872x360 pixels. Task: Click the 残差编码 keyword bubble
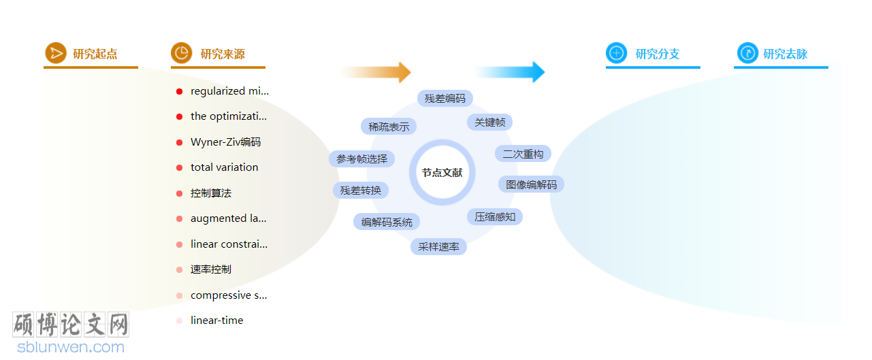pos(445,99)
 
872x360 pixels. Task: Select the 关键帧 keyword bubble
pos(489,122)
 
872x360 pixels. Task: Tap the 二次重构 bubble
pos(523,154)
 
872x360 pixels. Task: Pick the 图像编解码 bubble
pos(531,184)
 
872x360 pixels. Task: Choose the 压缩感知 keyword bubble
pos(495,217)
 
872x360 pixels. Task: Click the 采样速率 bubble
pos(438,247)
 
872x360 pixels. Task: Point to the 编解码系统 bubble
pos(387,223)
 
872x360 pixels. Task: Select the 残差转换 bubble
pos(361,191)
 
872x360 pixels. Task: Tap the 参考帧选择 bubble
pos(361,159)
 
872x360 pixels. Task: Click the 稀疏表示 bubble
pos(389,127)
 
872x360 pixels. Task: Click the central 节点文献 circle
pos(442,173)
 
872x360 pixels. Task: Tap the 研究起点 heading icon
pos(55,53)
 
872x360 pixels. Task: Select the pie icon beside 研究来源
pos(181,53)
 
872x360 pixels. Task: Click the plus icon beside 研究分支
pos(617,53)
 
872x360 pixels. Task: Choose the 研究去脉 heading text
pos(785,54)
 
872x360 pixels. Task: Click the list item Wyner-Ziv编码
pos(225,142)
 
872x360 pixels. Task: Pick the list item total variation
pos(224,167)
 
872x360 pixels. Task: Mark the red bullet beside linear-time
pos(179,321)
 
